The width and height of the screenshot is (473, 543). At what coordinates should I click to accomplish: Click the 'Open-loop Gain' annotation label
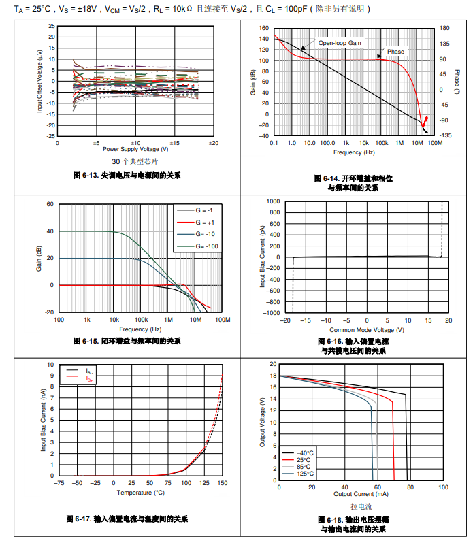click(340, 42)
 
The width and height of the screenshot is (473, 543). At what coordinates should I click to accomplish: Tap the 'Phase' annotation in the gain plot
click(395, 52)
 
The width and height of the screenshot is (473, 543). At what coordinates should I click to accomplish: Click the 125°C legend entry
click(304, 474)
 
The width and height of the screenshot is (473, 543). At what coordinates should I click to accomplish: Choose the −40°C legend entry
click(304, 453)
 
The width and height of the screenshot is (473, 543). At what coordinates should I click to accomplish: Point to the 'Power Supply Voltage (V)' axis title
click(135, 148)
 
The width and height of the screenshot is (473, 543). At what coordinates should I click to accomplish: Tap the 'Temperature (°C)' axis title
click(140, 492)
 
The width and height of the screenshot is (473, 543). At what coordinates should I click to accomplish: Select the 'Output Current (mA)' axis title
click(361, 494)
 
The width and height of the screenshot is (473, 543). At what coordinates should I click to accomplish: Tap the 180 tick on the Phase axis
click(444, 28)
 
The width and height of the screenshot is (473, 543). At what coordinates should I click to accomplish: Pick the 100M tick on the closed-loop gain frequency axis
click(224, 319)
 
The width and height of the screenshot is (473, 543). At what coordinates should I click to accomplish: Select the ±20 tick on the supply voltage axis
click(214, 143)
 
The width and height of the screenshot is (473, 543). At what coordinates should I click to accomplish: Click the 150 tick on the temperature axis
click(222, 482)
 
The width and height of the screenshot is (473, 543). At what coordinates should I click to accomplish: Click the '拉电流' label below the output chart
click(361, 506)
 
